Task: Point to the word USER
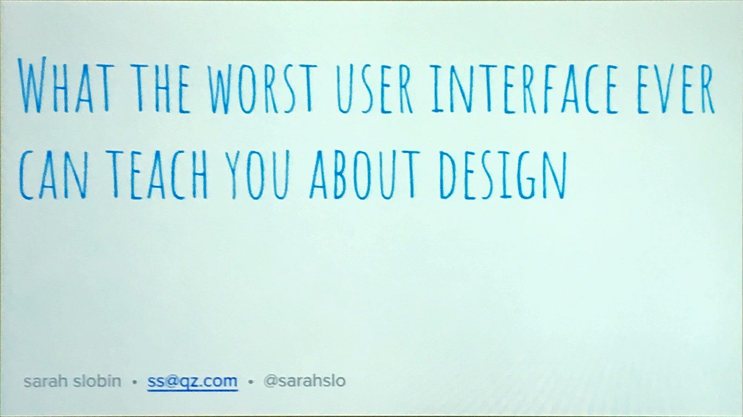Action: pos(374,89)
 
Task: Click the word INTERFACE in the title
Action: pos(524,89)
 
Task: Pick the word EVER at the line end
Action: pos(675,89)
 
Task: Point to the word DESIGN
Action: pos(503,175)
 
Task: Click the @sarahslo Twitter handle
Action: pos(305,381)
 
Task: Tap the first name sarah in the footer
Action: pos(46,381)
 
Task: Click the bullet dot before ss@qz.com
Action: pos(134,382)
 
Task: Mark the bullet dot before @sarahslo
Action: pos(251,382)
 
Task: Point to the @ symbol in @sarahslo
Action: pos(271,381)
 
